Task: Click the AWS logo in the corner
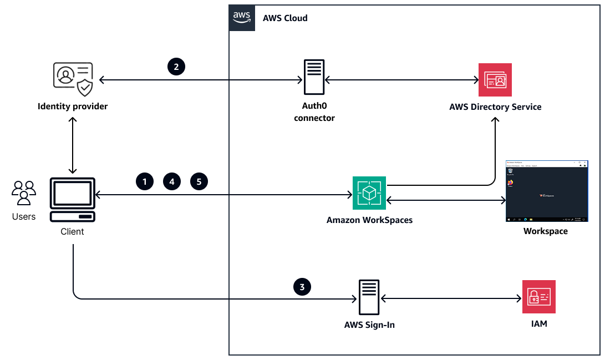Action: [242, 17]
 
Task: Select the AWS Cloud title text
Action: [285, 18]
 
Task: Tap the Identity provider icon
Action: [73, 79]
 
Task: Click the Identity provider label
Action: [73, 106]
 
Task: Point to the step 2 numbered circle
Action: [176, 67]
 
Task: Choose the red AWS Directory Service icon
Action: [495, 80]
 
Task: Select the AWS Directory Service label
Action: [495, 107]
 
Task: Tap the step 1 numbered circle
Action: [144, 181]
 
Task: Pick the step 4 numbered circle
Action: [172, 181]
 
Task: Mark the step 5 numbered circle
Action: [199, 181]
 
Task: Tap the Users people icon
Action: [24, 194]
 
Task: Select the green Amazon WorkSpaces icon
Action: [369, 193]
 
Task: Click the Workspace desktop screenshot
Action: [546, 191]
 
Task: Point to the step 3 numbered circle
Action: [302, 287]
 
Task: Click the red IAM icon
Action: [538, 297]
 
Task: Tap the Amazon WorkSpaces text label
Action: [369, 220]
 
